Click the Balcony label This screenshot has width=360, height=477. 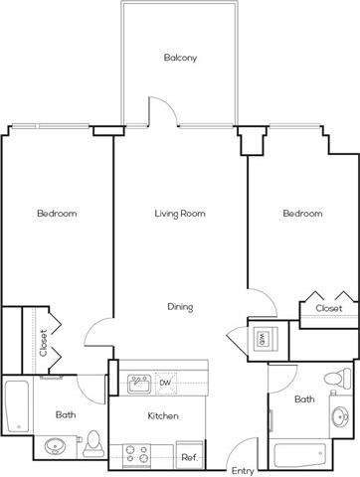pyautogui.click(x=180, y=58)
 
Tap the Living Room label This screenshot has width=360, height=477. pyautogui.click(x=180, y=214)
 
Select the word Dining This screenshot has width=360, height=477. pyautogui.click(x=180, y=307)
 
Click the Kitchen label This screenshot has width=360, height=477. pyautogui.click(x=163, y=415)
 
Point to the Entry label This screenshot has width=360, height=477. pyautogui.click(x=243, y=471)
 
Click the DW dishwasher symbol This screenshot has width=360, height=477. pyautogui.click(x=166, y=383)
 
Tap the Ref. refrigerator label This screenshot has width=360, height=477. pyautogui.click(x=189, y=458)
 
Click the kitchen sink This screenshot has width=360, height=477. pyautogui.click(x=139, y=384)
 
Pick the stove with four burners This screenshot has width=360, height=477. pyautogui.click(x=136, y=455)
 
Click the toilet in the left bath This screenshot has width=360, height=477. pyautogui.click(x=93, y=444)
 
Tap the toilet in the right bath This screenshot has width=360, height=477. pyautogui.click(x=337, y=379)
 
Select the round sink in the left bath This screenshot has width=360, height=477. pyautogui.click(x=56, y=446)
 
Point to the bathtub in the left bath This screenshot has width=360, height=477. pyautogui.click(x=17, y=406)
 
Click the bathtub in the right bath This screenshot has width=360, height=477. pyautogui.click(x=300, y=454)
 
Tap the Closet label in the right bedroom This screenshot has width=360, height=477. pyautogui.click(x=329, y=308)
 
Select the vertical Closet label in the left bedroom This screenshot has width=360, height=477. pyautogui.click(x=44, y=343)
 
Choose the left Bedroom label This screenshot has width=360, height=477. pyautogui.click(x=57, y=214)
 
